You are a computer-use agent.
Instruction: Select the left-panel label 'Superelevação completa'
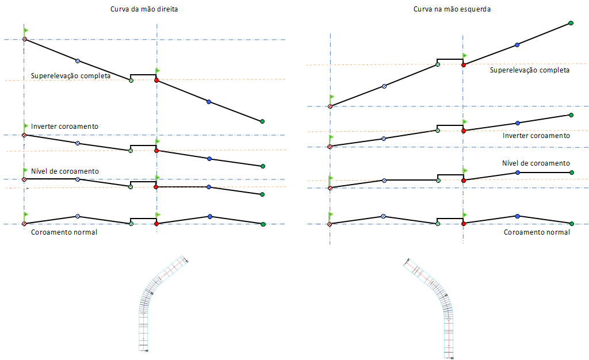71,75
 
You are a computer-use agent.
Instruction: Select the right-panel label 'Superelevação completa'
529,70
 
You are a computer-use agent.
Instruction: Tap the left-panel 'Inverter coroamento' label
65,127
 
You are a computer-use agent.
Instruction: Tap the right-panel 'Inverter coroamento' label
536,136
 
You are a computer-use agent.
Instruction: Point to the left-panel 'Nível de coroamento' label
65,171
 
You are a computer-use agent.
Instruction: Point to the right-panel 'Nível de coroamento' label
536,163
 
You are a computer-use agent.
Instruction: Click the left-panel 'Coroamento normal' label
64,232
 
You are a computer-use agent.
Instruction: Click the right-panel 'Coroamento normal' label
537,232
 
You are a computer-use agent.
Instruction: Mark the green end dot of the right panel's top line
571,23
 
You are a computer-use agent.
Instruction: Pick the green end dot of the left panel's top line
262,121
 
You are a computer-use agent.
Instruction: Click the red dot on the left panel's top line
156,81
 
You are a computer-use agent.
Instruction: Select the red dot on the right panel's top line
464,65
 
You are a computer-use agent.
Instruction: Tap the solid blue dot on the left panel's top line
209,102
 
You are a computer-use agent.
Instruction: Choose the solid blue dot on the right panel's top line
517,44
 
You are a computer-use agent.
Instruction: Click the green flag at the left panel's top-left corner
26,29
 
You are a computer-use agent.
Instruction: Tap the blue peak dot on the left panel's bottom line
209,216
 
